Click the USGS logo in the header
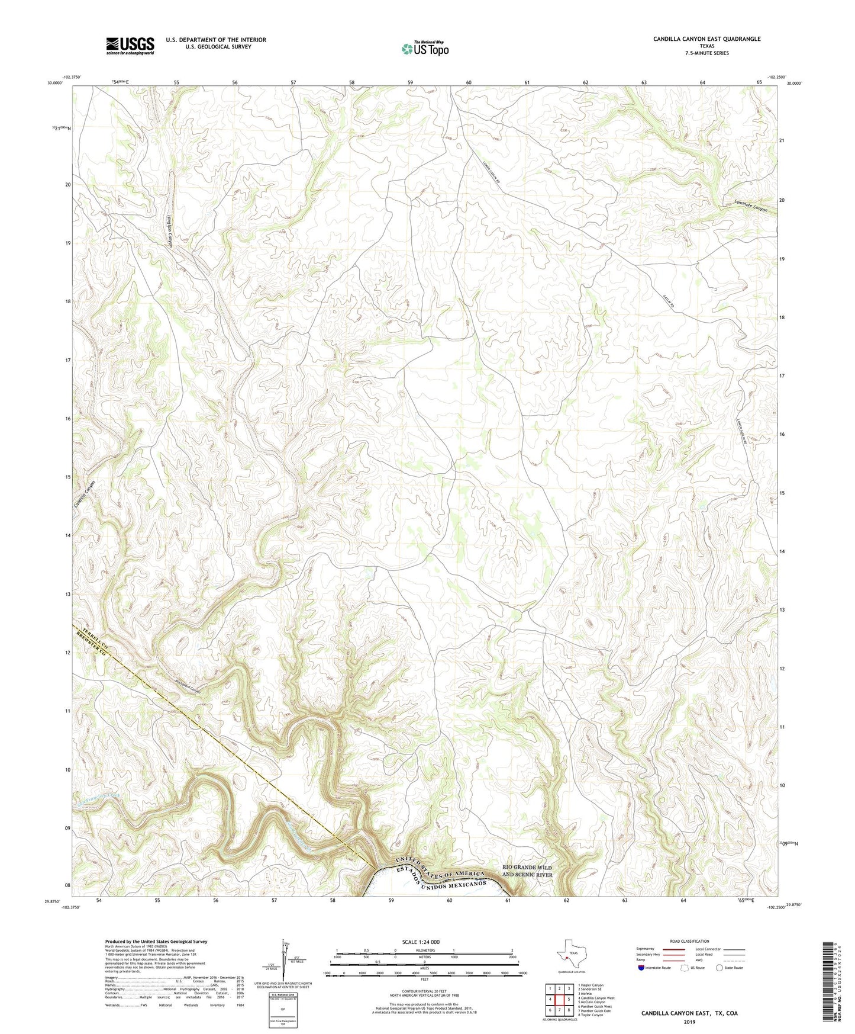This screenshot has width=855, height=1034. (130, 46)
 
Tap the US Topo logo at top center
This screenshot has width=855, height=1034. (424, 49)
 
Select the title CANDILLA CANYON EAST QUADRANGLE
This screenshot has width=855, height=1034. (706, 39)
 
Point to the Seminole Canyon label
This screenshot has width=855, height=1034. (750, 205)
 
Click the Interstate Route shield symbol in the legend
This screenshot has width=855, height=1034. (640, 968)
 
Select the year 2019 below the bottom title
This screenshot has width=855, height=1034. (689, 1022)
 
